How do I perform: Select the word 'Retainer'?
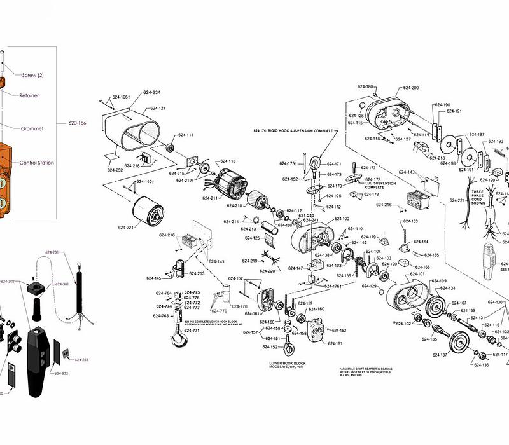[29, 95]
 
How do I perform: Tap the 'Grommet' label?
[32, 128]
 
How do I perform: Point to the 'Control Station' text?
[36, 163]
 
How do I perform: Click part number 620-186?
[78, 123]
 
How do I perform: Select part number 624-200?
[410, 88]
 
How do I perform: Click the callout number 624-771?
[192, 331]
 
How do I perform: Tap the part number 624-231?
[52, 252]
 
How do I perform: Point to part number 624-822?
[61, 373]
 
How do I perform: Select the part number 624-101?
[417, 274]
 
